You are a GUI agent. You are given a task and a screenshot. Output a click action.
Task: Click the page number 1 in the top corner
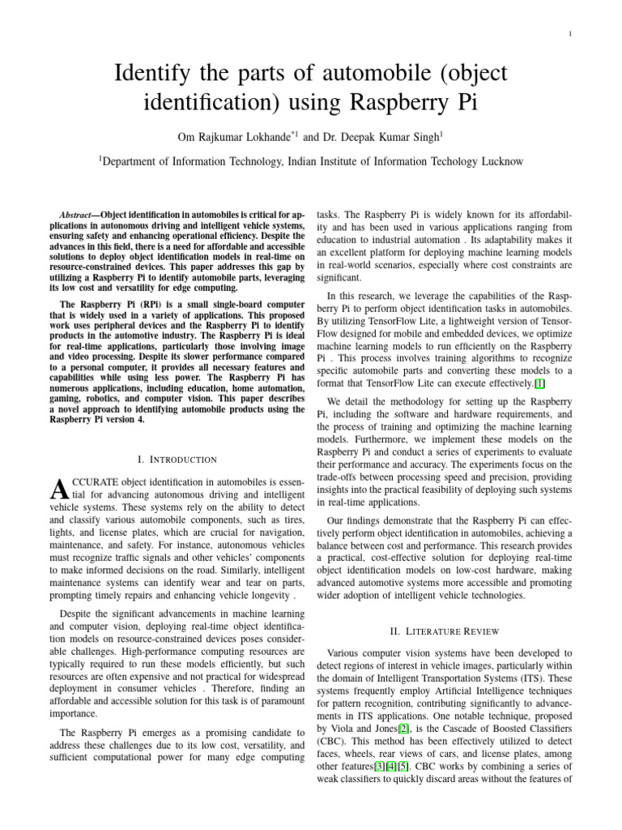(572, 34)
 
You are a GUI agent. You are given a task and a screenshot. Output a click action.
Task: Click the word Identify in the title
(153, 75)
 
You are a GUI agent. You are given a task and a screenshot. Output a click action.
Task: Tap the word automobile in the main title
(357, 75)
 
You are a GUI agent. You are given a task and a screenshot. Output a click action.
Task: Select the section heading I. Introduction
(177, 460)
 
